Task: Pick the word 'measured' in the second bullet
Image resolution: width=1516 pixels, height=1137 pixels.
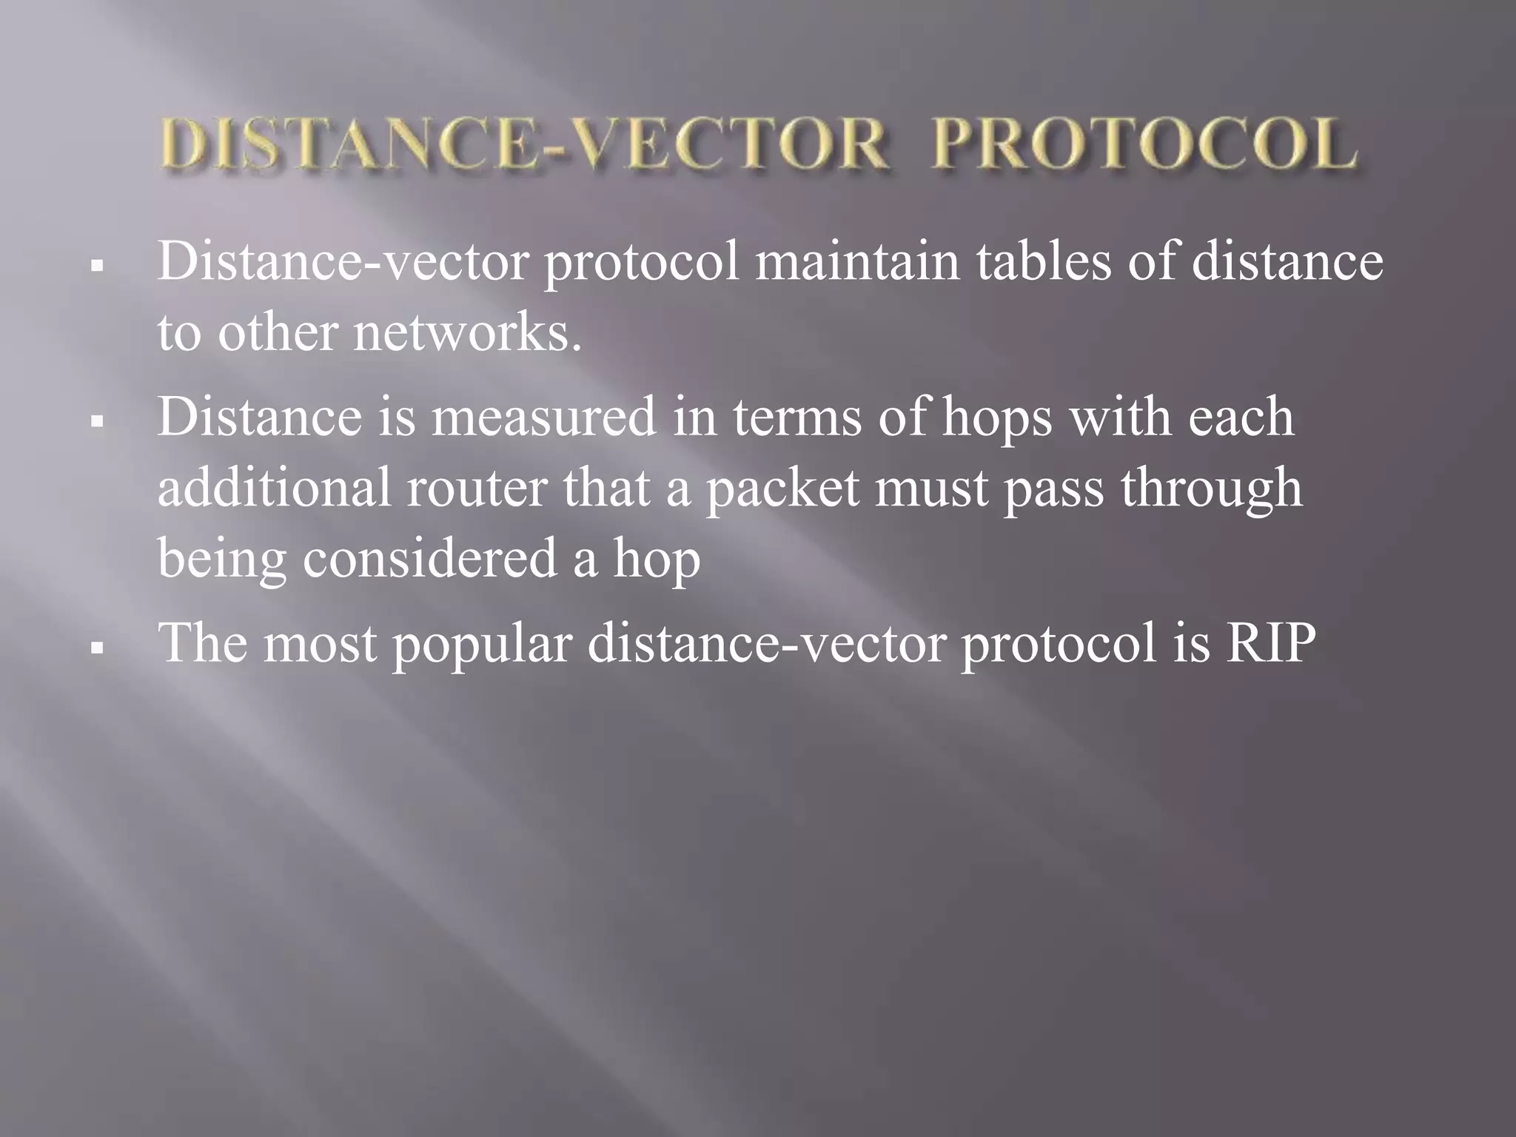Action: [544, 416]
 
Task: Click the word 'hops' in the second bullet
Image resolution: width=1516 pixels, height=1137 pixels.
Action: [997, 417]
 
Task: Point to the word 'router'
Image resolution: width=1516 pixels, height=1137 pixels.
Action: [477, 488]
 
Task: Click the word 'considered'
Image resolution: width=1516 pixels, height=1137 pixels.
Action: [429, 558]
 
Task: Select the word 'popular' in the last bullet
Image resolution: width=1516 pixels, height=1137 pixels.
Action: [483, 643]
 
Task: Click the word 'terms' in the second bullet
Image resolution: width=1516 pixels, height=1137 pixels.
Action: [797, 416]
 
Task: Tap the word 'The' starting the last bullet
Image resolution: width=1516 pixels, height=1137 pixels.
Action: [202, 641]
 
